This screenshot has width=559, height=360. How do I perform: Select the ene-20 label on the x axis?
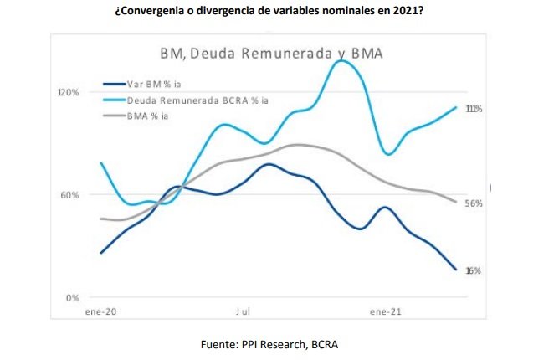100,311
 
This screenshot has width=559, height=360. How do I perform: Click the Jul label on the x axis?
243,311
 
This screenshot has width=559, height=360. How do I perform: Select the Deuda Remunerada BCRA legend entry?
197,100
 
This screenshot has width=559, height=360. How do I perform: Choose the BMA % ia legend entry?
148,116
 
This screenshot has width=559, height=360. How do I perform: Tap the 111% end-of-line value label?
474,109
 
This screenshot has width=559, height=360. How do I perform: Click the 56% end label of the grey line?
474,203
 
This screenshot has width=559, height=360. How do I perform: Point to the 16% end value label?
474,270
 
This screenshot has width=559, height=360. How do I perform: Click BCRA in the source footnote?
323,344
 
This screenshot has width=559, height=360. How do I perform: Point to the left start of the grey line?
100,219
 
